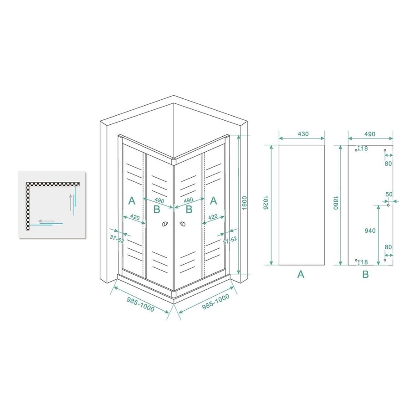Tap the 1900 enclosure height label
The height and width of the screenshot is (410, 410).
(245, 204)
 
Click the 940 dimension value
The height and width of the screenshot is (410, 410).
(370, 231)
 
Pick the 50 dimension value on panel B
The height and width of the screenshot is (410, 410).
(389, 195)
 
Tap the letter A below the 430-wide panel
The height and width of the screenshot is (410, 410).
(300, 274)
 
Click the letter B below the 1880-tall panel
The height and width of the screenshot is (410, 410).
(365, 274)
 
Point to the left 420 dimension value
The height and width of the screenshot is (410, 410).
(134, 217)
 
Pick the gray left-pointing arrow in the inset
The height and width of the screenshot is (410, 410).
(47, 221)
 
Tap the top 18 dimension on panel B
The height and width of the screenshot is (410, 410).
(365, 149)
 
